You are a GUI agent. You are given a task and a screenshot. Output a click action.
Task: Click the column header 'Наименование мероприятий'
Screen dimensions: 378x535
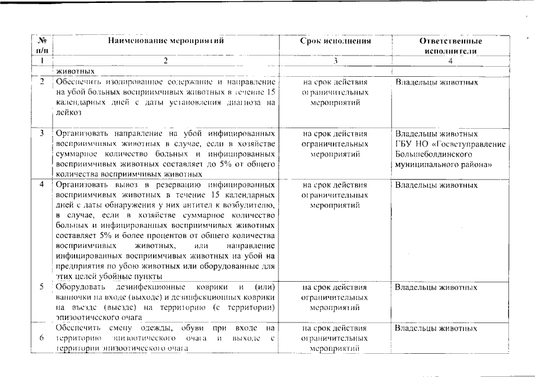pos(166,41)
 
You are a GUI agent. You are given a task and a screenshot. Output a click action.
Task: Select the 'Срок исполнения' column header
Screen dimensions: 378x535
pos(335,41)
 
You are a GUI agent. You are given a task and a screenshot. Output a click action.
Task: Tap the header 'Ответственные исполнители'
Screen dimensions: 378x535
pos(450,46)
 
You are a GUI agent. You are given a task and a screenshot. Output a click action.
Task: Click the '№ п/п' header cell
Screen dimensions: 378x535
pos(42,46)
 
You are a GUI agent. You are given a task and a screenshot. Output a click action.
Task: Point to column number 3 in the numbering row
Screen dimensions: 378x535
pos(335,61)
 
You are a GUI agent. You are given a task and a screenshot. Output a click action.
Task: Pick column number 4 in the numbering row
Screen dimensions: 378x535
pos(450,61)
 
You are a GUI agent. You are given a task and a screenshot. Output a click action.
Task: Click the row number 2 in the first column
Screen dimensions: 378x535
pos(42,82)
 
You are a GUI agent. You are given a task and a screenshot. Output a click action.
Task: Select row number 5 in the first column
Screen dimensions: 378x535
pos(42,288)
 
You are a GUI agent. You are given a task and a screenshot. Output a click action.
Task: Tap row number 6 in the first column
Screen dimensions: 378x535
pos(42,338)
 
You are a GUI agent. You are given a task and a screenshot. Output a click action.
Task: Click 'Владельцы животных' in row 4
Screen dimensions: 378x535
pos(436,185)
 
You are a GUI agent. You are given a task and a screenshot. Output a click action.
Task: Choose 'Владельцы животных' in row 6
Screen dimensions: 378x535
pos(436,328)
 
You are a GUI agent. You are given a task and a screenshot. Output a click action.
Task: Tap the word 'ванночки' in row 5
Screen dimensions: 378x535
pos(74,298)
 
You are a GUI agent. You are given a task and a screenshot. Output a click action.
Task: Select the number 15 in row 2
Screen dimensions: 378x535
pos(271,92)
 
